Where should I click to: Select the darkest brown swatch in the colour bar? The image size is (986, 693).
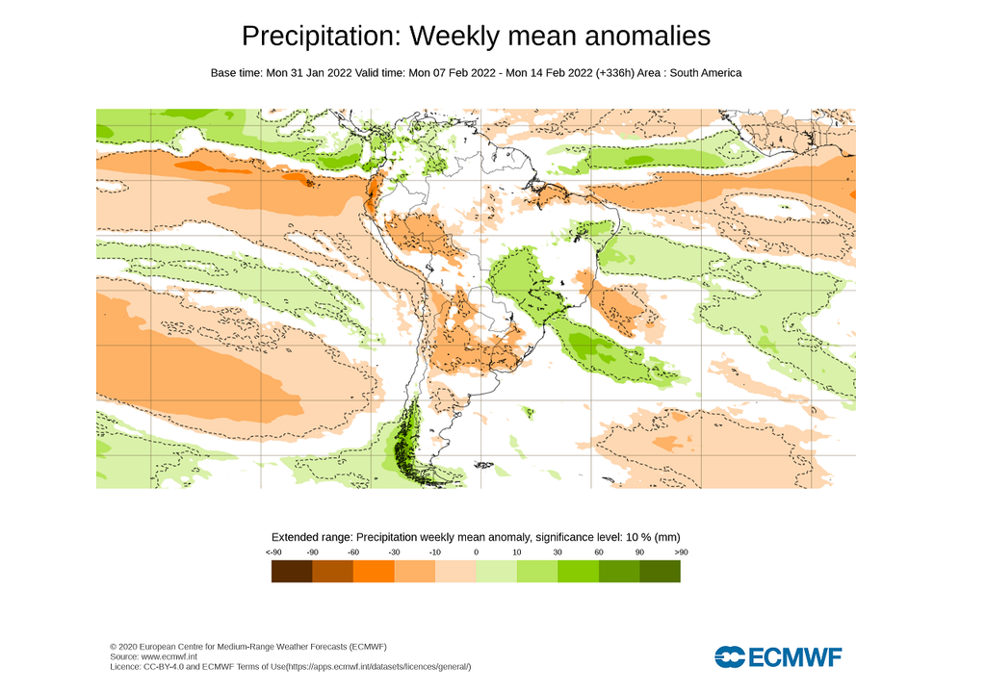(x=292, y=572)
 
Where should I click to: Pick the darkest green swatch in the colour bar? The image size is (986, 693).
(x=660, y=572)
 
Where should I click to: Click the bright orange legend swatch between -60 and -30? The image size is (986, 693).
(x=374, y=572)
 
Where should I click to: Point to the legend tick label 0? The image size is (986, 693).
(x=476, y=552)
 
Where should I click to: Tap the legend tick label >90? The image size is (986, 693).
(x=681, y=552)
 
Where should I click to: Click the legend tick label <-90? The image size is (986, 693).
(x=272, y=552)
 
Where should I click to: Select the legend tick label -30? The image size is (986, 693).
(x=394, y=552)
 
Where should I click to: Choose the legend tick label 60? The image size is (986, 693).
(x=598, y=552)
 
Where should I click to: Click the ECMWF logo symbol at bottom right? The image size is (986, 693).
(x=730, y=657)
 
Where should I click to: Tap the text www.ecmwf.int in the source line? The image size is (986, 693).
(x=173, y=656)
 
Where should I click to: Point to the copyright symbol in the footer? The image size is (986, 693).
(x=114, y=646)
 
